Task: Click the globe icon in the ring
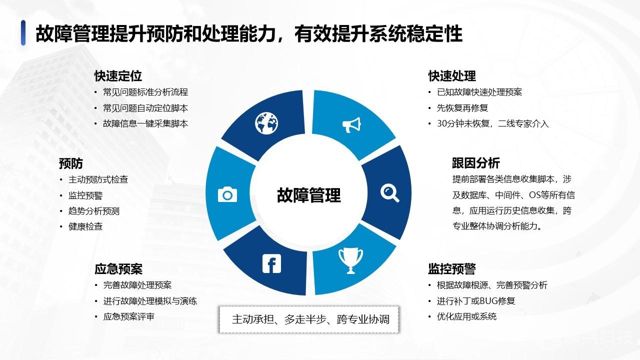(266, 123)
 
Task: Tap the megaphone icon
(351, 125)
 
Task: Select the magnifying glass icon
(389, 193)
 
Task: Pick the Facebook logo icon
(271, 263)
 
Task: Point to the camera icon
(227, 194)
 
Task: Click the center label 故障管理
(309, 195)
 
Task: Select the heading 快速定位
(118, 76)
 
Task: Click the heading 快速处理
(452, 76)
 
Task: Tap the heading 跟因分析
(476, 163)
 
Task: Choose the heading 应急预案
(118, 269)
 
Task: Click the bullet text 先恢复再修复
(462, 108)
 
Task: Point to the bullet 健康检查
(85, 226)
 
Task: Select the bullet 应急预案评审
(128, 316)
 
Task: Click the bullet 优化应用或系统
(466, 316)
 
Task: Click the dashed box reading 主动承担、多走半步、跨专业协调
(309, 319)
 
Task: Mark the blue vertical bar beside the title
(23, 33)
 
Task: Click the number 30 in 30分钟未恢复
(441, 123)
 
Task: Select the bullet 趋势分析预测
(93, 211)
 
